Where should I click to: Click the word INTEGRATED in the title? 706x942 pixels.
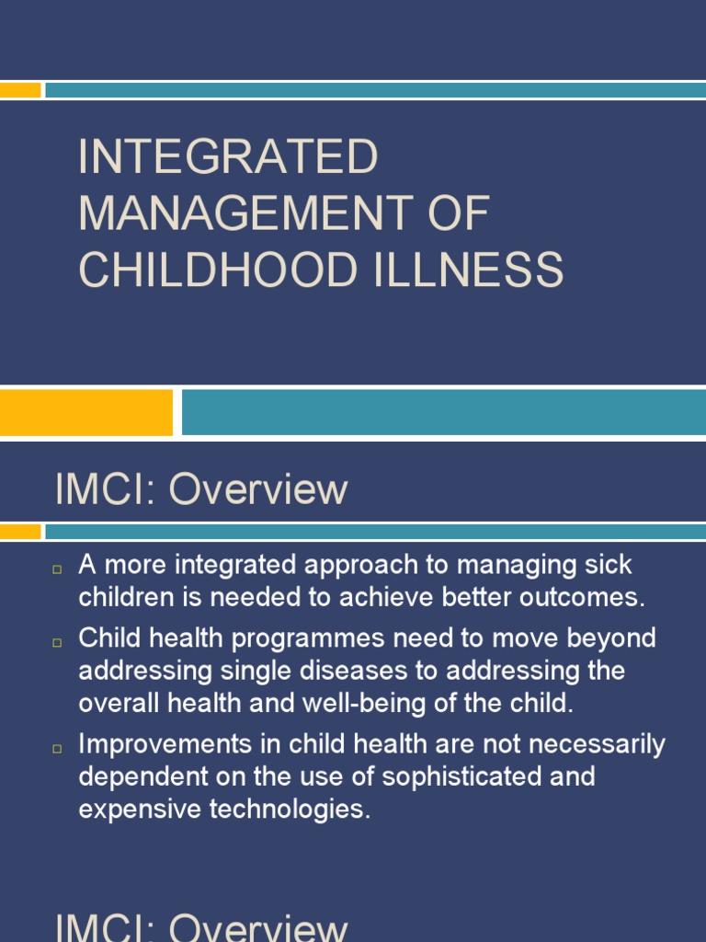point(228,157)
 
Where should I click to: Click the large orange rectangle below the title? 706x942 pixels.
point(85,411)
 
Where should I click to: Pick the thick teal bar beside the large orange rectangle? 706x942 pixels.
point(443,411)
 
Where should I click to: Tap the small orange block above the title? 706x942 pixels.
point(20,90)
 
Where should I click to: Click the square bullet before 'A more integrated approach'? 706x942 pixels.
point(57,570)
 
